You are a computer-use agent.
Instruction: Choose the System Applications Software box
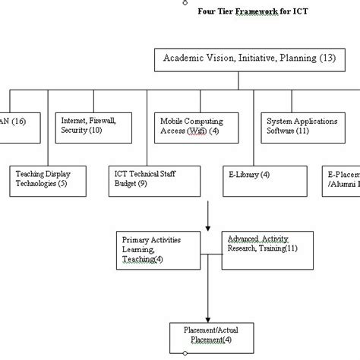click(x=301, y=126)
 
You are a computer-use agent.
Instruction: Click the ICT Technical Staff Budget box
click(x=153, y=179)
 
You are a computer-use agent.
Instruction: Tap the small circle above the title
click(x=185, y=2)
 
